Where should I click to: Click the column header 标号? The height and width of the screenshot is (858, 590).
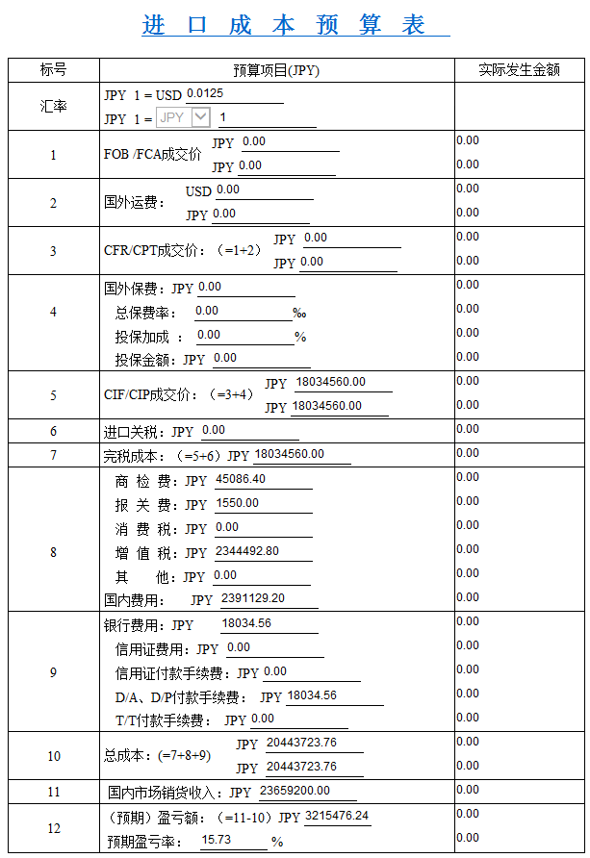click(53, 69)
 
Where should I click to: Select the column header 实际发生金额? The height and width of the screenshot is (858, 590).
click(519, 69)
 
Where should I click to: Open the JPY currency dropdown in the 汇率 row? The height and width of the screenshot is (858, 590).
click(200, 117)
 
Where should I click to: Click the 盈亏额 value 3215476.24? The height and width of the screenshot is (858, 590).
click(336, 816)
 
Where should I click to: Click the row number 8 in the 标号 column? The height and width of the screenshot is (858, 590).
click(53, 552)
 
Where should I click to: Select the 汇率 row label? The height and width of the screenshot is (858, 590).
click(53, 107)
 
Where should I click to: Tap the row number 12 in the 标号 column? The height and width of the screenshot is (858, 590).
click(53, 828)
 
